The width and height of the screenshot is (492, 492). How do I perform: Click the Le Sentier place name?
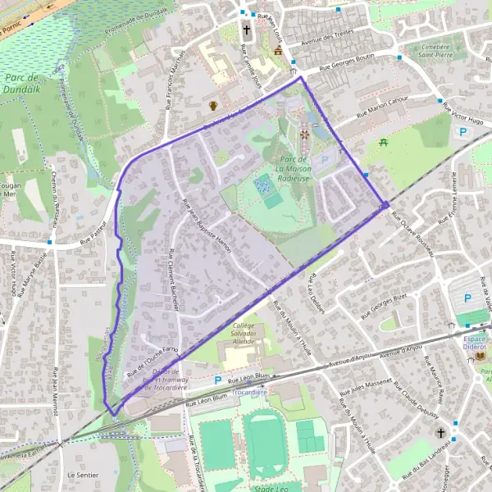point(83,475)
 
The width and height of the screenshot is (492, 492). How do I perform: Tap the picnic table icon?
point(384,143)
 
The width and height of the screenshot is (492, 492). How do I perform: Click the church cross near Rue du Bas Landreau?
point(441,432)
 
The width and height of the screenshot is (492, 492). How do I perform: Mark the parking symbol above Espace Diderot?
point(468,299)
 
